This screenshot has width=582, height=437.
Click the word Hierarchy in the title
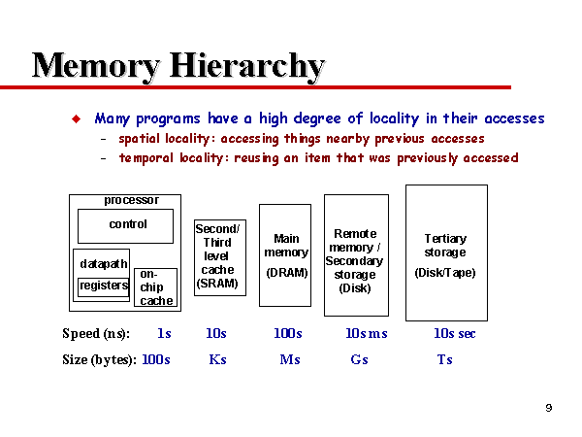[247, 67]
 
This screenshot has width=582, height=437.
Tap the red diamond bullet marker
[76, 118]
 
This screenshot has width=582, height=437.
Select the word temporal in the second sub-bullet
[145, 158]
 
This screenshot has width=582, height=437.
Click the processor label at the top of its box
[131, 200]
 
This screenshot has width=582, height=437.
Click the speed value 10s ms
[367, 333]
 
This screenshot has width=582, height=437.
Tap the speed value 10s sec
[455, 333]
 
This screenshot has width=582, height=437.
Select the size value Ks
[218, 359]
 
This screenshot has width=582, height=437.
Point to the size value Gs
[359, 359]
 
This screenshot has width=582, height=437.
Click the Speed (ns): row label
[96, 334]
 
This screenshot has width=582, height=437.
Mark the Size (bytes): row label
[100, 359]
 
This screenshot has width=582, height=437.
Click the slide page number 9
[549, 408]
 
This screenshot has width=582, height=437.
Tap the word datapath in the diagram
[104, 264]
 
